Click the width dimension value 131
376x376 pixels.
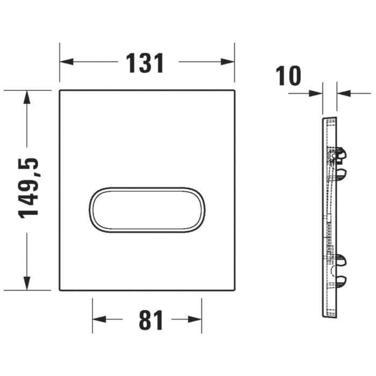tap(145, 63)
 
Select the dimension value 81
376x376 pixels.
tap(150, 321)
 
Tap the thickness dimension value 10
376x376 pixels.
tap(289, 76)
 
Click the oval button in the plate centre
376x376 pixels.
tap(146, 211)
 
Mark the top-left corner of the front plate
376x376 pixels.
tap(60, 90)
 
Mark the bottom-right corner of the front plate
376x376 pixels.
tap(234, 290)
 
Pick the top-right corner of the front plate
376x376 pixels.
tap(234, 90)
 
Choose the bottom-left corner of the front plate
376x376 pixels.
tap(60, 290)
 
